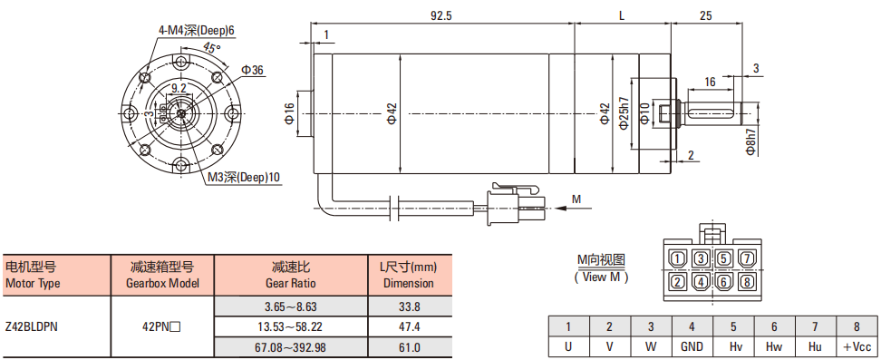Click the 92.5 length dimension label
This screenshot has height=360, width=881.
pos(441,15)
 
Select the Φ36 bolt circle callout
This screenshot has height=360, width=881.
pos(252,70)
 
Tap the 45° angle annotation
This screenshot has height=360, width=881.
pos(212,49)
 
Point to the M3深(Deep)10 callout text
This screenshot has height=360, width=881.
pos(243,177)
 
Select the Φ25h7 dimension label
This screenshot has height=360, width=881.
pos(623,114)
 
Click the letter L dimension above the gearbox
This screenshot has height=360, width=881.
pos(622,15)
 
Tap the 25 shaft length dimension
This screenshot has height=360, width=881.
pos(706,15)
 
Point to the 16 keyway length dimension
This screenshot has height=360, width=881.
pos(710,83)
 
